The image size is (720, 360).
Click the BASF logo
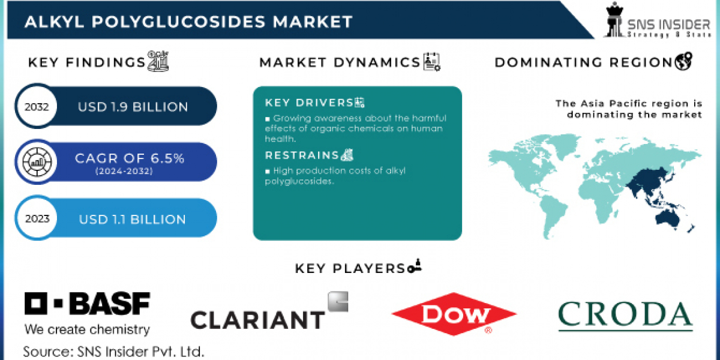point(88,313)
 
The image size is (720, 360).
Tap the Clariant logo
point(269,311)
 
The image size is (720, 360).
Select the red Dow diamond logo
point(454,314)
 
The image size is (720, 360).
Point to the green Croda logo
point(625,316)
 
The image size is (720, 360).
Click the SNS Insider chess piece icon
point(614,19)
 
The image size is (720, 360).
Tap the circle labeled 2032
point(37,106)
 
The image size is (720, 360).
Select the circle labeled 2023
point(37,218)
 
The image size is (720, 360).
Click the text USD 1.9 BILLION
point(133,107)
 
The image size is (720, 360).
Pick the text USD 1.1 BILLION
point(133,219)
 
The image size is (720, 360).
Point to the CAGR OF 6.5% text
point(130,158)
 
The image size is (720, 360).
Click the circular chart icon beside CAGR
point(37,161)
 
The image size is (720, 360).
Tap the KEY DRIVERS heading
point(309,103)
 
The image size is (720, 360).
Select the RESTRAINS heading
point(302,155)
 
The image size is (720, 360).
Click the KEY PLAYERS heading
point(350,268)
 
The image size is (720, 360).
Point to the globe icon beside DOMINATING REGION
point(683,61)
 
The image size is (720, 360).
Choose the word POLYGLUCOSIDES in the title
point(178,22)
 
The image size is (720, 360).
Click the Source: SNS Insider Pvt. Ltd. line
point(113,352)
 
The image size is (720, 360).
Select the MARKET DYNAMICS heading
point(340,62)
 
